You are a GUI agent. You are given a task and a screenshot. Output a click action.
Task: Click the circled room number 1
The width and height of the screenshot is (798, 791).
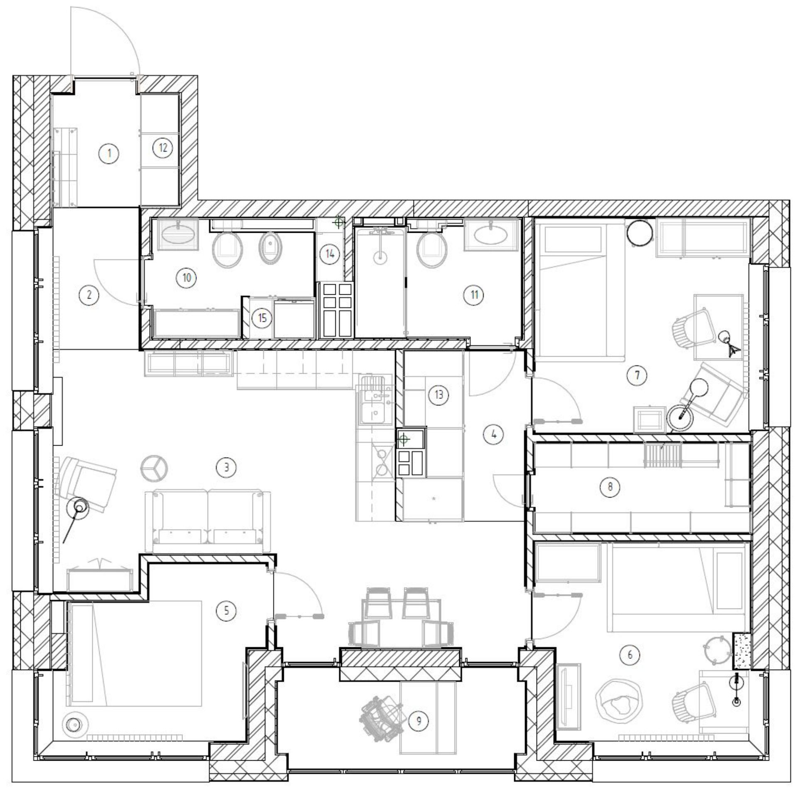(109, 154)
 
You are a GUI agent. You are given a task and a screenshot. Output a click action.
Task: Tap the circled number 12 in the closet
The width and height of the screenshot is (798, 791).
(163, 148)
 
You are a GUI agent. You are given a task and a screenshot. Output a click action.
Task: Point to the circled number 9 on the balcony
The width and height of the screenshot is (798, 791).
(419, 721)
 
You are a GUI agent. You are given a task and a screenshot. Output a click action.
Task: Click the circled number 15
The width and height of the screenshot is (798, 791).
(262, 318)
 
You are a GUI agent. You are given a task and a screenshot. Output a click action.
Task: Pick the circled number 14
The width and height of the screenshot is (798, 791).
(330, 253)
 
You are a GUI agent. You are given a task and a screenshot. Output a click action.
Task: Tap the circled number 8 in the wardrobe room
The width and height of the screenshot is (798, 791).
(610, 486)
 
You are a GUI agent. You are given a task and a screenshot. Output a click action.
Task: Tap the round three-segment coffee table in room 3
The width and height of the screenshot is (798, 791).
(155, 467)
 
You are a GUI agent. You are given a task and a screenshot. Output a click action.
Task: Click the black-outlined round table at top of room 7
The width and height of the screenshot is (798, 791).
(640, 233)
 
